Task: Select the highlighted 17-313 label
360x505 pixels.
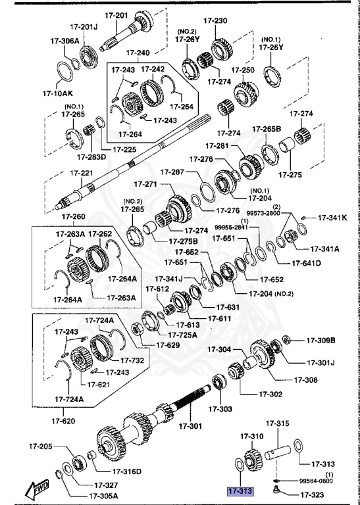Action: (x=240, y=491)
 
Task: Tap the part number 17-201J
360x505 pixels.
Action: (x=84, y=27)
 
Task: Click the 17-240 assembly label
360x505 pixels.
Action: (x=138, y=52)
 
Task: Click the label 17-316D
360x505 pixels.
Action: (x=127, y=471)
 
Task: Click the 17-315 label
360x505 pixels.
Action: (x=278, y=422)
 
